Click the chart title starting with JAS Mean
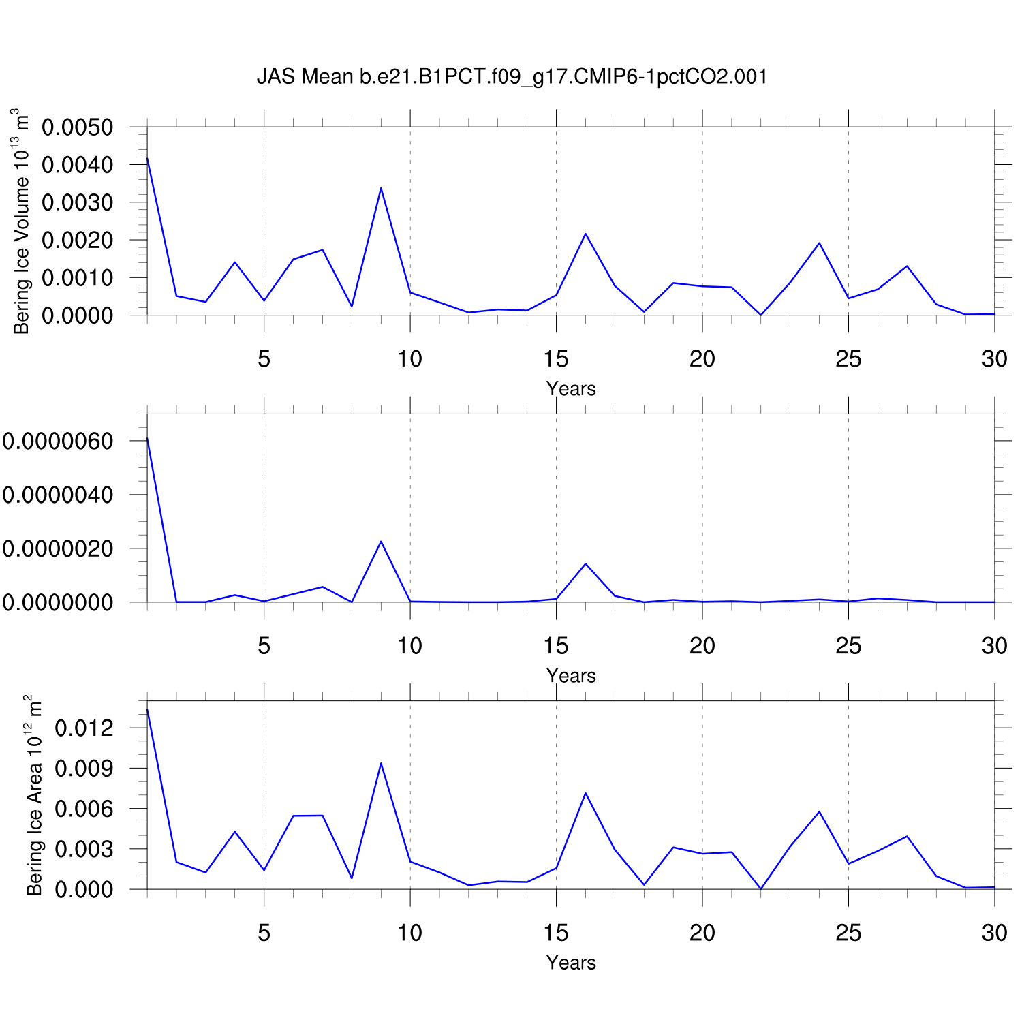pos(512,76)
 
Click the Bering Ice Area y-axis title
pos(33,795)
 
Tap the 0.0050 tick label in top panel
pos(77,127)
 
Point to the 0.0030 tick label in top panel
pos(77,202)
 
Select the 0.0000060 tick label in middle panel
pos(57,441)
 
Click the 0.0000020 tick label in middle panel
pos(57,548)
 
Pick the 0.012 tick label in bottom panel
pos(84,728)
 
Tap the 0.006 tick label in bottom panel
pos(84,809)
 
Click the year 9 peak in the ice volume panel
pos(381,188)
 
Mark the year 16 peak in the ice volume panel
pos(585,234)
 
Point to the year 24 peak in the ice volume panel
pos(819,243)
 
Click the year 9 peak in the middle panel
pos(381,542)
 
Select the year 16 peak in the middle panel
pos(585,564)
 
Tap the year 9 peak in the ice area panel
pos(381,763)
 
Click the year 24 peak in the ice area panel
pos(819,811)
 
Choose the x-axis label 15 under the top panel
pos(556,359)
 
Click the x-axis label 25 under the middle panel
pos(848,646)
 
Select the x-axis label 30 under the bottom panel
pos(994,933)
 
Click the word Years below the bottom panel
pos(571,963)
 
